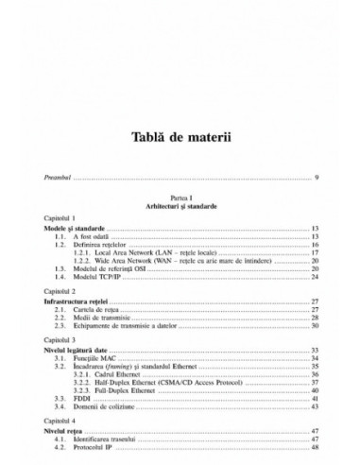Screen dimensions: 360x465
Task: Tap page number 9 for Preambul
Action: [317, 177]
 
